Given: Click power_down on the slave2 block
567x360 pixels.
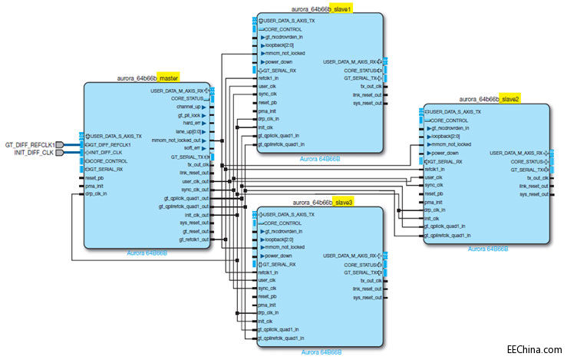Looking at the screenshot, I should pyautogui.click(x=448, y=153).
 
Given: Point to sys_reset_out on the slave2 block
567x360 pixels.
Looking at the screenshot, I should pyautogui.click(x=533, y=194).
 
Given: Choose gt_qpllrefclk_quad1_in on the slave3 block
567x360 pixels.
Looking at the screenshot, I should pyautogui.click(x=281, y=337).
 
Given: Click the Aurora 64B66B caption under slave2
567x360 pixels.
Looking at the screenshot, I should pyautogui.click(x=488, y=249).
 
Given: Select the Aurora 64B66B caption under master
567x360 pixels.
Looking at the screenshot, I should pyautogui.click(x=147, y=252).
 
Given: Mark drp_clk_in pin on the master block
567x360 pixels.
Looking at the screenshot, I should pyautogui.click(x=97, y=194).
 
